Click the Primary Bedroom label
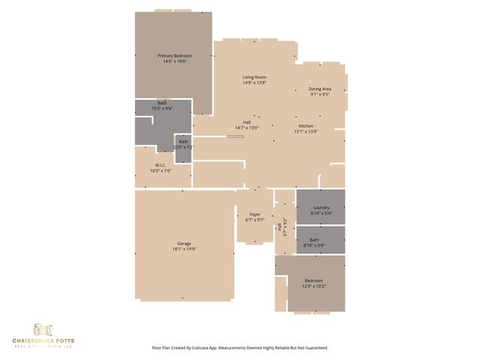tap(174, 56)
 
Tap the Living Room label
tap(253, 77)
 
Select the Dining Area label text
tap(320, 88)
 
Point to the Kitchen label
tap(305, 125)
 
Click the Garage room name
tap(184, 244)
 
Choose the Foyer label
tap(255, 214)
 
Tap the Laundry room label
tap(321, 207)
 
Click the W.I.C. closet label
tap(160, 165)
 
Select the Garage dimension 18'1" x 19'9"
tap(184, 249)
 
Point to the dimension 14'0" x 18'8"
tap(174, 62)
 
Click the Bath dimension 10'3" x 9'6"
tap(162, 109)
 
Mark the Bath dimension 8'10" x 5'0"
tap(321, 245)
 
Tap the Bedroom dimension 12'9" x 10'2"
tap(313, 286)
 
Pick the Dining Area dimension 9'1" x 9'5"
tap(320, 94)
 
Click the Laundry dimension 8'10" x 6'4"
tap(321, 213)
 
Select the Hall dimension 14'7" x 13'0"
tap(246, 128)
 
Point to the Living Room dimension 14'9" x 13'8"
tap(253, 83)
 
